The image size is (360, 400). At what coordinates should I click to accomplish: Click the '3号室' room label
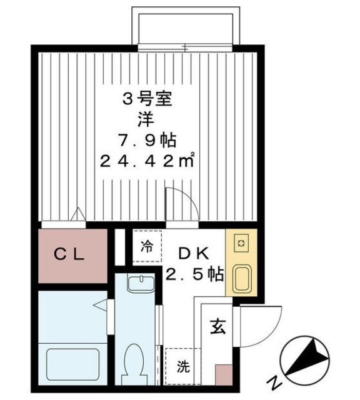pos(147,98)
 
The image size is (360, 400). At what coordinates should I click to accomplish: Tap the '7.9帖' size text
pos(147,139)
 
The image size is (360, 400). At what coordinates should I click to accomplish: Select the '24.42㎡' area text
pos(148,161)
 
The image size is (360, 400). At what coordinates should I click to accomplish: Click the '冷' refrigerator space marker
pos(146,245)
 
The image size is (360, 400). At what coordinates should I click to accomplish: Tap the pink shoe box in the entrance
pos(223,374)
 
